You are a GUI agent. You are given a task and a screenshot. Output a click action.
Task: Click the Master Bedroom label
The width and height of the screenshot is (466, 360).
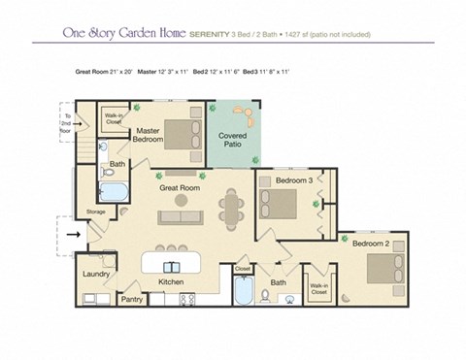(148, 135)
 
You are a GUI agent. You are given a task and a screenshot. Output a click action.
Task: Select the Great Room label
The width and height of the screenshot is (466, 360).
(180, 187)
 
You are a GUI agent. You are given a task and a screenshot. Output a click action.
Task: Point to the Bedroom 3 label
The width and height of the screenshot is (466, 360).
(292, 181)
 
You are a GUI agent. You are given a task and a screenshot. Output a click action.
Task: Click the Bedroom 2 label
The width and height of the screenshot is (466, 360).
(370, 243)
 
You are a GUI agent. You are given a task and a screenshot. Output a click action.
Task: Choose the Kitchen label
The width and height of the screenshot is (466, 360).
(171, 281)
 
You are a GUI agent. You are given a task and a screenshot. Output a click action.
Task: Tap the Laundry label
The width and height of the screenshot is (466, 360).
(95, 274)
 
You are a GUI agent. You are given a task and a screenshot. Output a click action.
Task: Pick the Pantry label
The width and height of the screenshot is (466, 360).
(132, 299)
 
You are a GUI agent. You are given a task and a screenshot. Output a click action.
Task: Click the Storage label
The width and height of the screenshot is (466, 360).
(95, 211)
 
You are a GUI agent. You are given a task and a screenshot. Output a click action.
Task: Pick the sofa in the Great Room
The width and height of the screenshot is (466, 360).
(181, 216)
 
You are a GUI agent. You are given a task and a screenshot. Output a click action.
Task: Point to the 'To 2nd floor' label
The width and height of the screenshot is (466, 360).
(66, 119)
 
